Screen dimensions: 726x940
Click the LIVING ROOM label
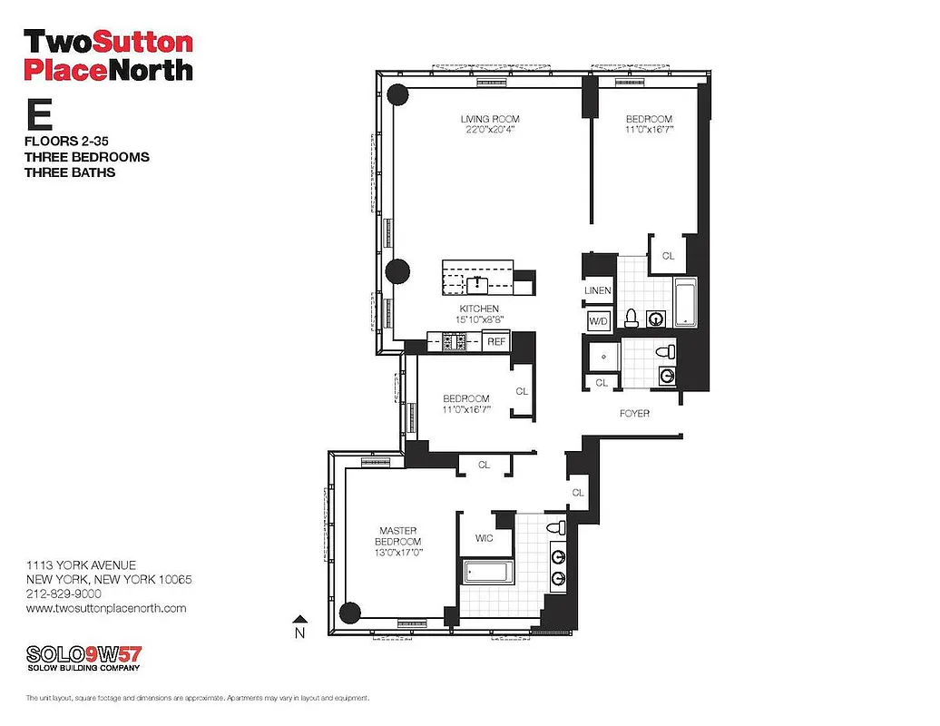[x=489, y=119]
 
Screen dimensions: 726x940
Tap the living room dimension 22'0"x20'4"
[x=489, y=131]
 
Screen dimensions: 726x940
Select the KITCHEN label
[x=478, y=309]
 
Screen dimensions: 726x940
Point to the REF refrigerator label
[x=495, y=342]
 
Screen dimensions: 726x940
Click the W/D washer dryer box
[x=598, y=320]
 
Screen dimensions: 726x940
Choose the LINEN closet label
[x=598, y=290]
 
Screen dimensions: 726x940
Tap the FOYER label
[x=634, y=413]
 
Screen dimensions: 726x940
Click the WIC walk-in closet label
[x=485, y=537]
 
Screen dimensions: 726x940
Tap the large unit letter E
[x=38, y=117]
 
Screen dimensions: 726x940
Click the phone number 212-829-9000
[x=63, y=594]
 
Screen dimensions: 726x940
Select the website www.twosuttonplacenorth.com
[x=106, y=608]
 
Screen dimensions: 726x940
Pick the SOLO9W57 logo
[x=83, y=654]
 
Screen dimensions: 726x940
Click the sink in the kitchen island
[x=477, y=284]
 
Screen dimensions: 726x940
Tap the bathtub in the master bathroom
[x=489, y=572]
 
